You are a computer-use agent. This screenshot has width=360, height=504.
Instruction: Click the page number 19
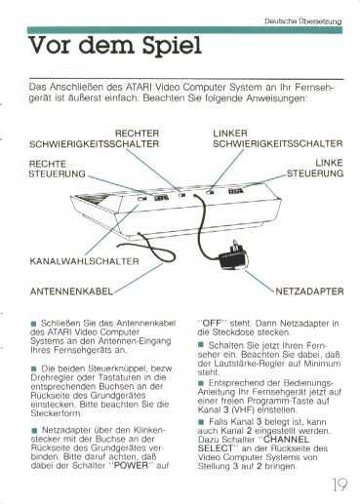pos(340,485)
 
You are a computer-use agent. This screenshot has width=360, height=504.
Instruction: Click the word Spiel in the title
pos(172,46)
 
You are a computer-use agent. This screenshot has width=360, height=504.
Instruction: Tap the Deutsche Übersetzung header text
pos(303,21)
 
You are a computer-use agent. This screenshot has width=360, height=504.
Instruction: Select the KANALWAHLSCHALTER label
pos(84,261)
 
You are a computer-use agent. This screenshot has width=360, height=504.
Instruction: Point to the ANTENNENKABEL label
pos(71,291)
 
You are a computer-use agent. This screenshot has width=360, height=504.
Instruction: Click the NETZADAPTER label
pos(309,291)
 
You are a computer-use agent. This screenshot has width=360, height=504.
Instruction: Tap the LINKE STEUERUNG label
pos(315,168)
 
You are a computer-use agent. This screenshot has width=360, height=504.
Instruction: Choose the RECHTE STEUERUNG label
pos(57,169)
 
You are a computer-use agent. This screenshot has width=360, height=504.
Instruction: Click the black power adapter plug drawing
pos(234,254)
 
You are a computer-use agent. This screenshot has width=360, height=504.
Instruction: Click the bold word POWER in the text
pos(131,465)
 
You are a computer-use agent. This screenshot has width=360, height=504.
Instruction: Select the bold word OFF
pos(212,324)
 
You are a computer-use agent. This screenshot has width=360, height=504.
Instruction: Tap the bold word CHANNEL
pos(286,440)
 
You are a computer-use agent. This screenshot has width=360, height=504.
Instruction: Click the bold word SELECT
pos(216,448)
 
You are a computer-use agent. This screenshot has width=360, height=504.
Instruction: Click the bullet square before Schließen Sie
pos(34,324)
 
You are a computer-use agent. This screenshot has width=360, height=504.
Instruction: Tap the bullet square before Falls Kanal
pos(201,422)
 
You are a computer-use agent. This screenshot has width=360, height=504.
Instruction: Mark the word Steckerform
pos(57,413)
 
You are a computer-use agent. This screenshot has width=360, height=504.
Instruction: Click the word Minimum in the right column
pos(322,363)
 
